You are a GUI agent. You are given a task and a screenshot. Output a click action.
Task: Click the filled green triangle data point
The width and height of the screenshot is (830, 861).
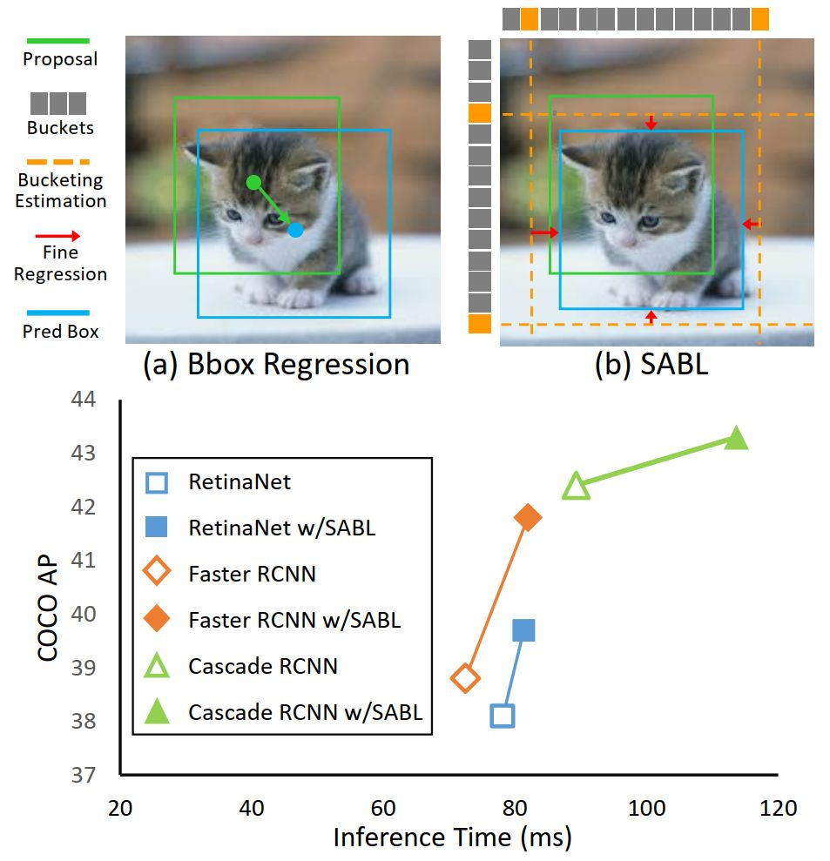pos(737,439)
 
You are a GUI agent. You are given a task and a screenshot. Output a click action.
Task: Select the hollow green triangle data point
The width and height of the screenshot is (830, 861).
pos(577,487)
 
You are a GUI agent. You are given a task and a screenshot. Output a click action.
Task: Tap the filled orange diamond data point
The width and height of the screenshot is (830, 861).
pos(528,517)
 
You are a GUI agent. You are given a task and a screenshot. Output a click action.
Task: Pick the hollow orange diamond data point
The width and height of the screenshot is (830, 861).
pos(465,678)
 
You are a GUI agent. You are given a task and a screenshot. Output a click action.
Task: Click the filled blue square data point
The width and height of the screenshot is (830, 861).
pos(523,630)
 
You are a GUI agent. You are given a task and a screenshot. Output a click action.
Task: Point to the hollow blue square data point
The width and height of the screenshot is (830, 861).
pos(503,716)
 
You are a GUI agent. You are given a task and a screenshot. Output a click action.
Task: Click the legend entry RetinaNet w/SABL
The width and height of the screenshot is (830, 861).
pos(281,528)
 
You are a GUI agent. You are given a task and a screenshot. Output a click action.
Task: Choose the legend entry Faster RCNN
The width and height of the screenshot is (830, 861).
pos(252,574)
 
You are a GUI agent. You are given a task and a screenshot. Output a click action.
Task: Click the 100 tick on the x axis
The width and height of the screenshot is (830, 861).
pos(647,808)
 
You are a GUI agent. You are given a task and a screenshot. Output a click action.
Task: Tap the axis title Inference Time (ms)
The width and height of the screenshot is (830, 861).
pos(452,837)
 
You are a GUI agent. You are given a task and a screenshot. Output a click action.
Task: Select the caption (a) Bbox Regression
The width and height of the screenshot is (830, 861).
pos(276,364)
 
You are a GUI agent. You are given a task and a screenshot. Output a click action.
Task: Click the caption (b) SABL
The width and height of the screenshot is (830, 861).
pos(651,364)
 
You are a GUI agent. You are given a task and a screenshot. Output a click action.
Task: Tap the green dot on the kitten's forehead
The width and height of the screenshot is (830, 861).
pos(253,182)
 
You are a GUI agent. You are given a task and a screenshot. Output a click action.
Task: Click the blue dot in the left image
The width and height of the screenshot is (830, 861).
pos(295,230)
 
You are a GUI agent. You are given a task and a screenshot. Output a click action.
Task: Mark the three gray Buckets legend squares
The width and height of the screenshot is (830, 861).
pos(58,104)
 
